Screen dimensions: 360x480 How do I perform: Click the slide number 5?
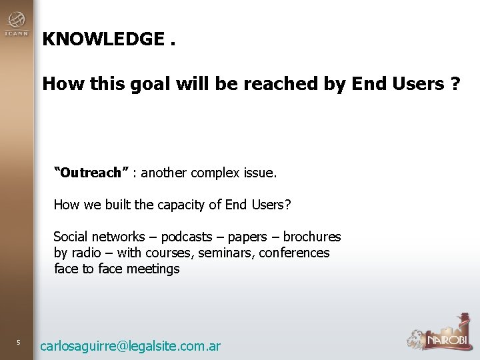pos(19,343)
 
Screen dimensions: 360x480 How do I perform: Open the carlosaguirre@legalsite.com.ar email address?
pos(130,346)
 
